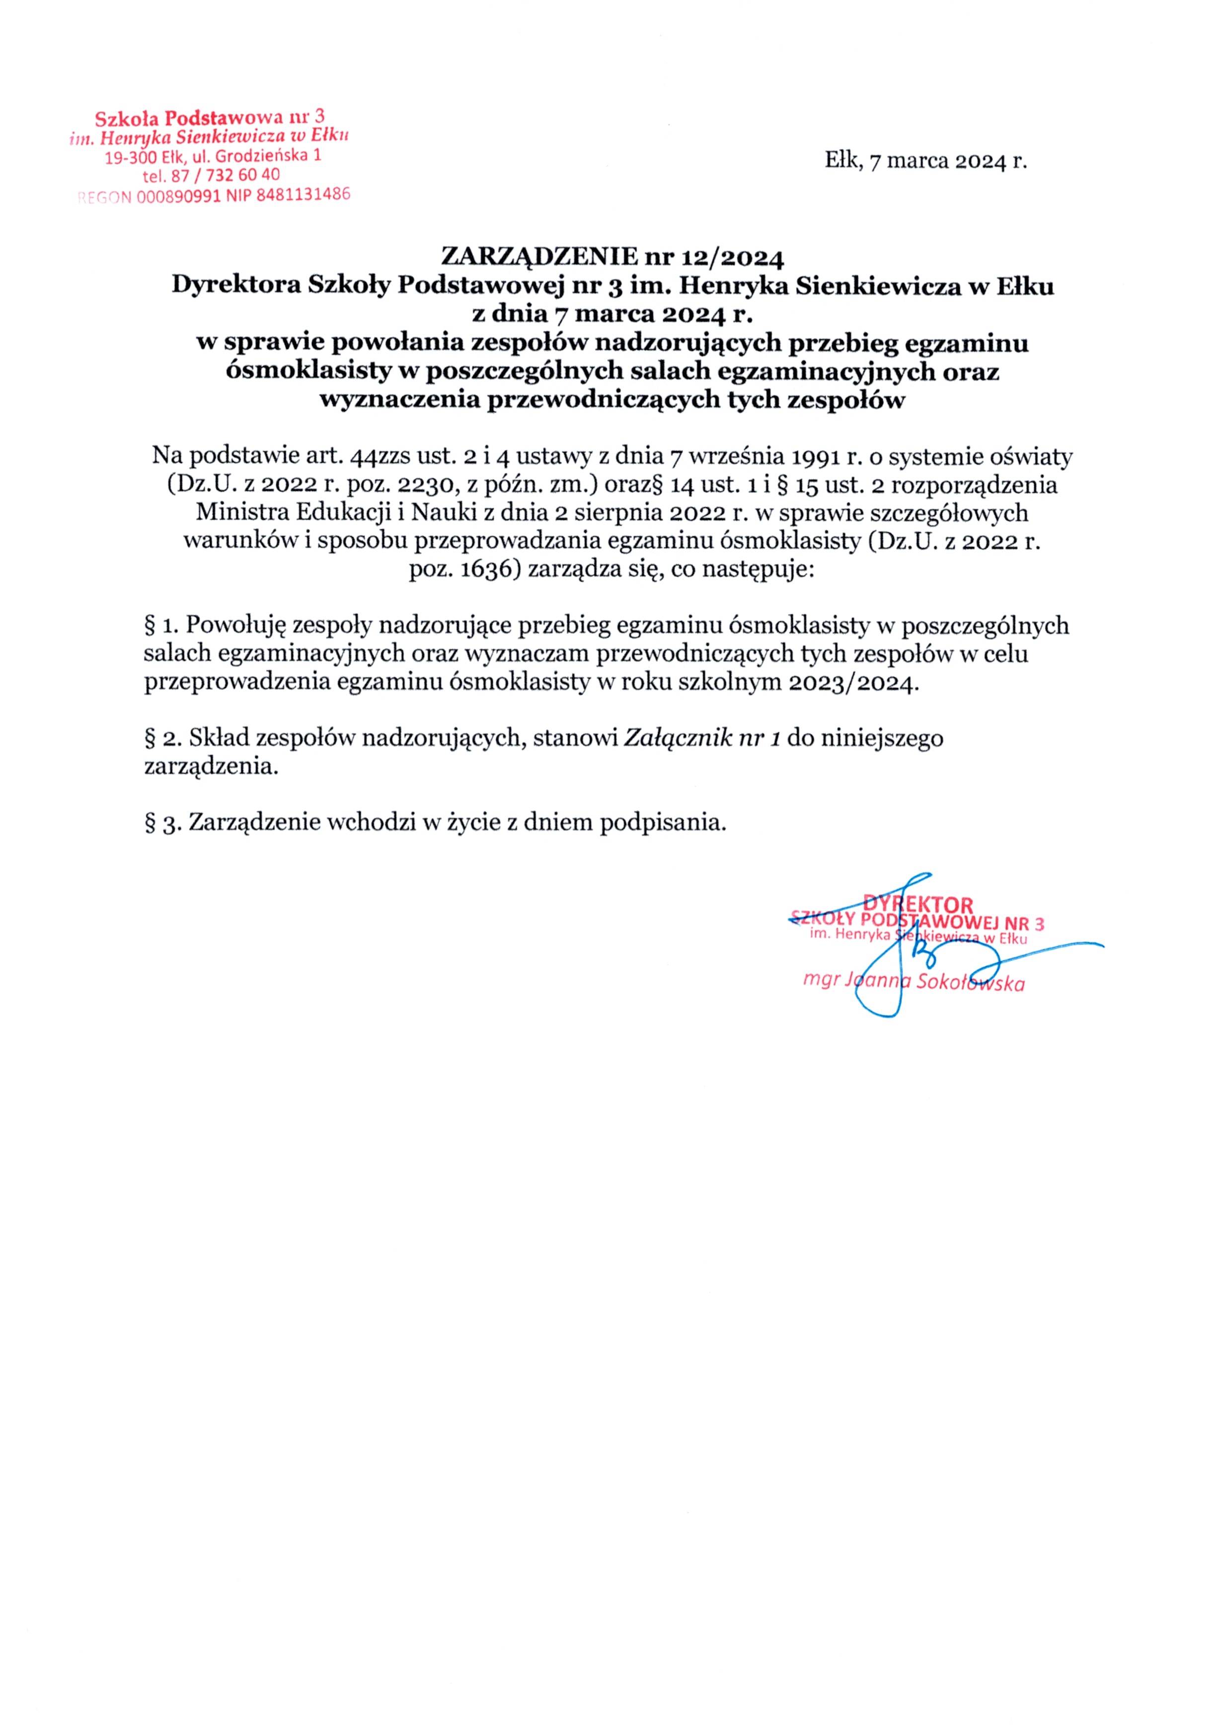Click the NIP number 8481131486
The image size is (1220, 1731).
point(303,194)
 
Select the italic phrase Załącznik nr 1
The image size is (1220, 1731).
point(701,737)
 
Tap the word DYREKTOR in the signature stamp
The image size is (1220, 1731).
point(918,904)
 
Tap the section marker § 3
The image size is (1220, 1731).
point(162,822)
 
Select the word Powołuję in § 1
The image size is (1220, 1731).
point(235,626)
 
